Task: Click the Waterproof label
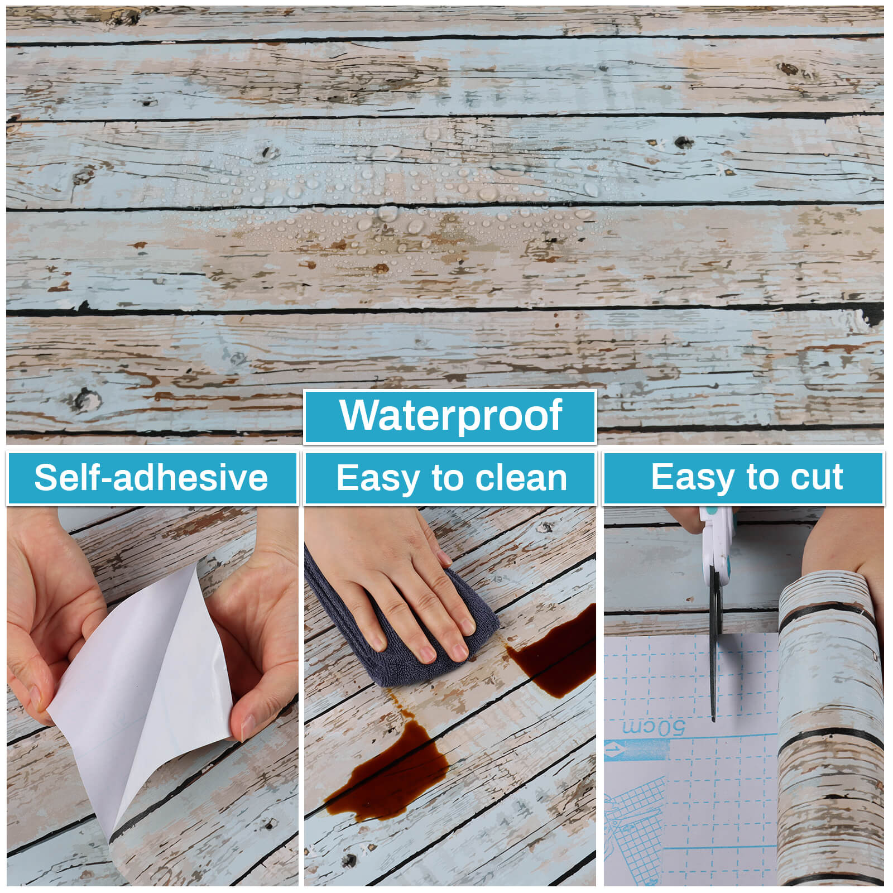450,417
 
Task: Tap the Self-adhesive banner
152,478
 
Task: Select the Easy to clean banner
450,478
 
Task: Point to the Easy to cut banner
744,478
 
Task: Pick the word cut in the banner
817,478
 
